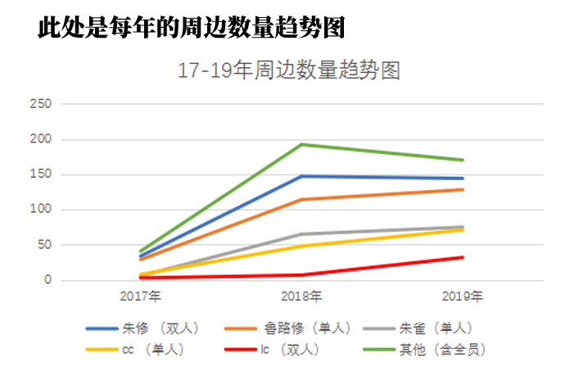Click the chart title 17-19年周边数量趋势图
pos(289,70)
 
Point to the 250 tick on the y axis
pos(40,104)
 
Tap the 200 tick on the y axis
pos(40,139)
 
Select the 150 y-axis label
pos(40,175)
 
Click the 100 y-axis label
pos(40,210)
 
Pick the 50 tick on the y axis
pos(43,245)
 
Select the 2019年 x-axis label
pos(463,295)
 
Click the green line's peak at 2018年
pos(302,144)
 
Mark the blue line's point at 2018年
pos(302,176)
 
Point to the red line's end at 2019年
pos(463,257)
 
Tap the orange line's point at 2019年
pos(463,189)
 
